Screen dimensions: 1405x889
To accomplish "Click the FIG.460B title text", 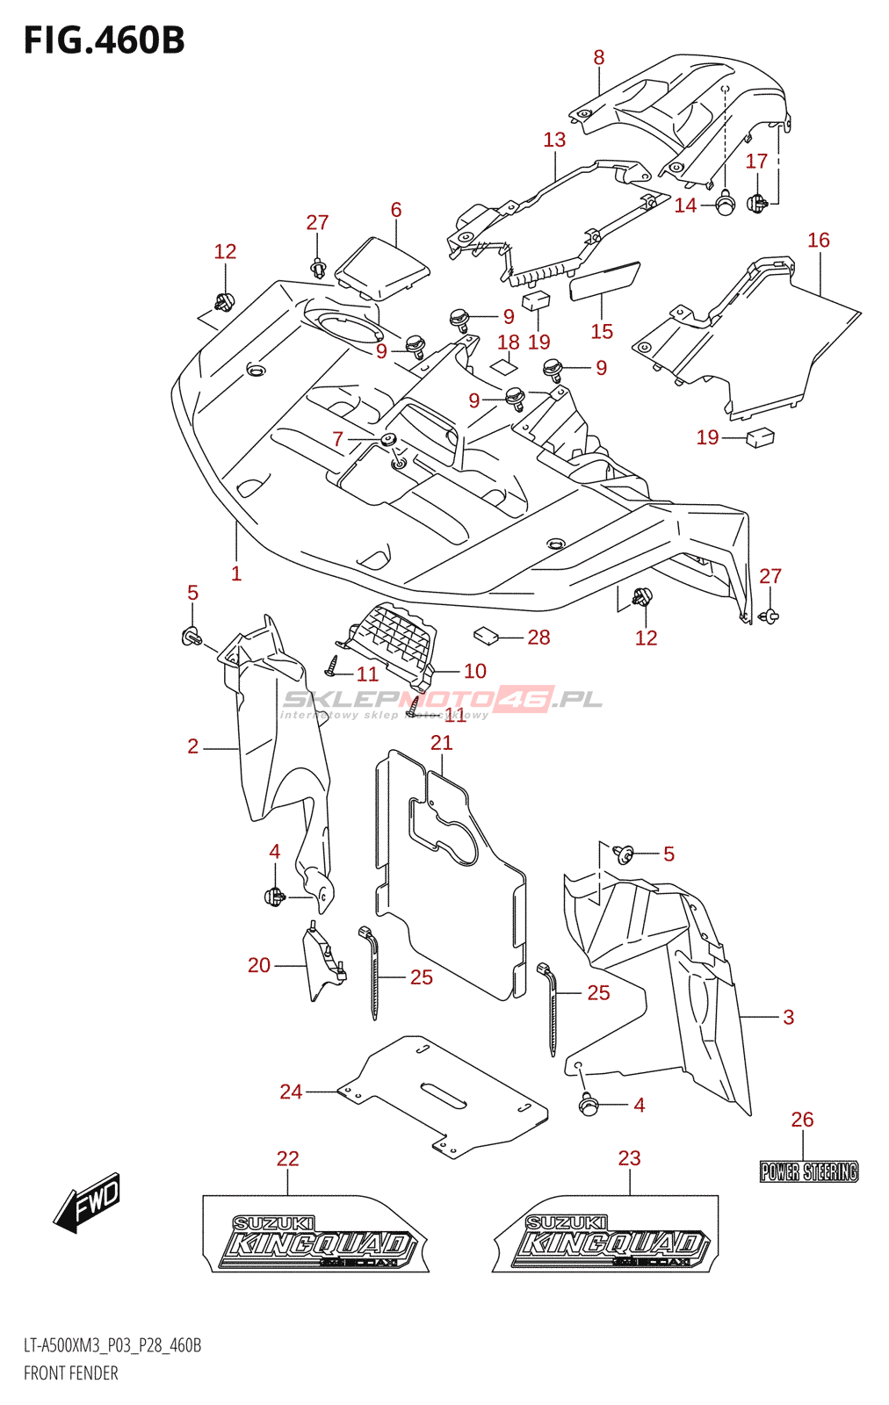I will coord(104,40).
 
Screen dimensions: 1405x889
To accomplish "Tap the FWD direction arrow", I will coord(88,1202).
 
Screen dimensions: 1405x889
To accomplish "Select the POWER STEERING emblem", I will coord(808,1171).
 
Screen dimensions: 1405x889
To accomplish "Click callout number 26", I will coord(802,1120).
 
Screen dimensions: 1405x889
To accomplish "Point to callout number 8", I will coord(599,58).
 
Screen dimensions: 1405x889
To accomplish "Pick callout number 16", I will coord(818,241).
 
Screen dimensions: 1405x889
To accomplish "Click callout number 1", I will coord(236,573).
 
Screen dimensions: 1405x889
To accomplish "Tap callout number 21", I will coord(441,743).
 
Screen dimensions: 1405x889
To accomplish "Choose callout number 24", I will coord(291,1092).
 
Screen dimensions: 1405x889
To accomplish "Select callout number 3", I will coord(788,1017).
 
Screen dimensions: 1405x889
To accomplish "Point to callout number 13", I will coord(554,140).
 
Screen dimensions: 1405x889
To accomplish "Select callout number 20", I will coord(259,965).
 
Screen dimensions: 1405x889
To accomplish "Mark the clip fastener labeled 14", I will coord(725,205).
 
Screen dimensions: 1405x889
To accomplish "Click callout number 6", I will coord(396,210).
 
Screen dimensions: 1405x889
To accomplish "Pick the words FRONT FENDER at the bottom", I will coord(71,1373).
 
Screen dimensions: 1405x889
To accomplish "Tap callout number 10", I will coord(474,671).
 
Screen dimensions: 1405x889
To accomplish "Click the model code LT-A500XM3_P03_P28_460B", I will coord(112,1345).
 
